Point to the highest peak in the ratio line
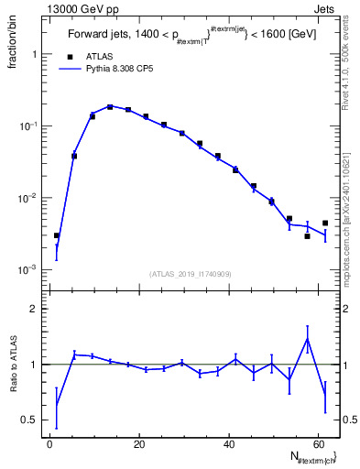coord(307,338)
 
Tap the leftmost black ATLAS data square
coord(57,235)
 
